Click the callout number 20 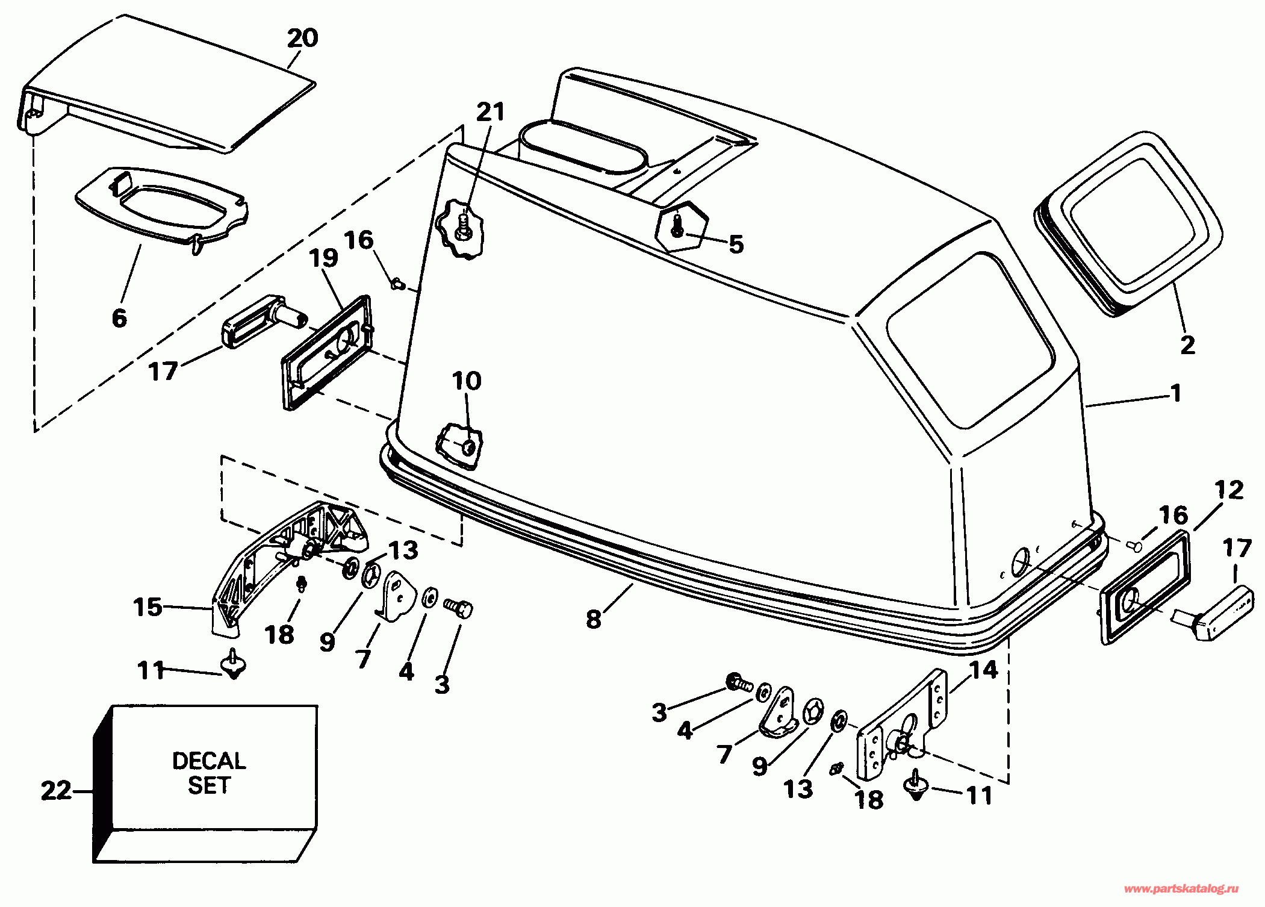[x=302, y=39]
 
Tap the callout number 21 [x=490, y=112]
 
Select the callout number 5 [x=736, y=244]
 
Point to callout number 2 [x=1187, y=345]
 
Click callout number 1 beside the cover [x=1175, y=393]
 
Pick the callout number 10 [x=467, y=381]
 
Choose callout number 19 [x=323, y=258]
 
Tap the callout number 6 [x=119, y=317]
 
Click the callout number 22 [x=55, y=790]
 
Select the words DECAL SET [x=209, y=773]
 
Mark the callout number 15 [x=148, y=606]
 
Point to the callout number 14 [x=984, y=669]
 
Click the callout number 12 [x=1229, y=490]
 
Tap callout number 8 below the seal [x=594, y=619]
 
